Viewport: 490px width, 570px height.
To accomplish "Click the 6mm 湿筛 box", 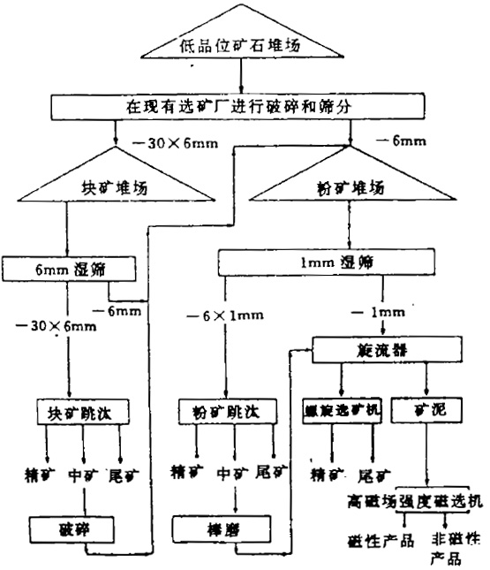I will click(x=68, y=266).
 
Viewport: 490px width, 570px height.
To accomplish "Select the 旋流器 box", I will click(x=386, y=352).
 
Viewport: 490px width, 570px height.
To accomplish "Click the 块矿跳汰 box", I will click(x=85, y=412).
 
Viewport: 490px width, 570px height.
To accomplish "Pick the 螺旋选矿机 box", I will click(x=341, y=412).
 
